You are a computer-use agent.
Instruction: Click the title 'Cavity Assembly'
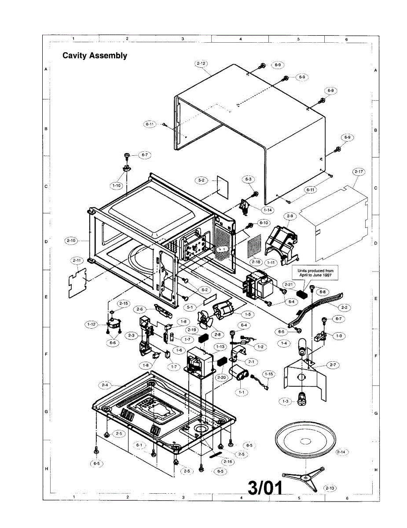pyautogui.click(x=95, y=55)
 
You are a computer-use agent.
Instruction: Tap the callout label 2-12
pyautogui.click(x=201, y=63)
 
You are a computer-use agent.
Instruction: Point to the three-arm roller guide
pyautogui.click(x=301, y=480)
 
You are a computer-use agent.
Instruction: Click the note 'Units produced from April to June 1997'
pyautogui.click(x=314, y=273)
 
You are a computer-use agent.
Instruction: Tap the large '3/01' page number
pyautogui.click(x=265, y=487)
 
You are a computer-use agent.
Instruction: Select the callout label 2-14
pyautogui.click(x=341, y=452)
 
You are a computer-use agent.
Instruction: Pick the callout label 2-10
pyautogui.click(x=71, y=240)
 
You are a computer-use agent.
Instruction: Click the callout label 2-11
pyautogui.click(x=77, y=260)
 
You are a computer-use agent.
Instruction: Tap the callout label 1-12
pyautogui.click(x=91, y=324)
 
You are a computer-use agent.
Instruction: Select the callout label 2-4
pyautogui.click(x=105, y=385)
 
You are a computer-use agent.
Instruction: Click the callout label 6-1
pyautogui.click(x=140, y=445)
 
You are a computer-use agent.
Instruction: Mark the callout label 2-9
pyautogui.click(x=290, y=216)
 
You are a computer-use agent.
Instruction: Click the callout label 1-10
pyautogui.click(x=117, y=186)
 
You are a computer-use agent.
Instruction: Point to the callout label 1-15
pyautogui.click(x=268, y=374)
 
